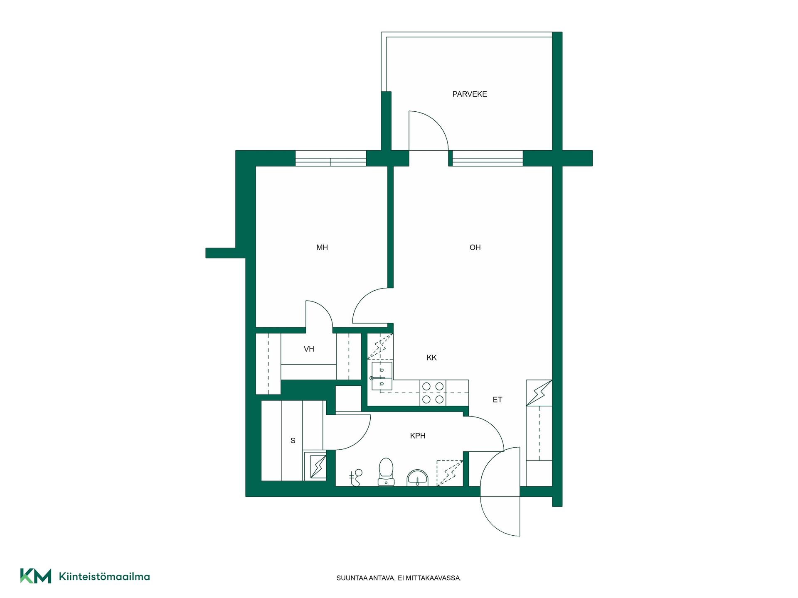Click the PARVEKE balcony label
pos(470,94)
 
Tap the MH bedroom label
pos(322,248)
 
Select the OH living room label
pos(475,248)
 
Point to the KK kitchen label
pos(431,358)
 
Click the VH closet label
pos(309,349)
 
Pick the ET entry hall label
pos(498,400)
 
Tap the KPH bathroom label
pos(418,436)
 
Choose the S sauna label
pos(293,441)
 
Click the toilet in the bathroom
pos(386,472)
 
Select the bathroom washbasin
pos(417,478)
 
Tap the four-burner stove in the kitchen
pos(433,393)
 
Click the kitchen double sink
pos(382,376)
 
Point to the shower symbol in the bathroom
pos(355,478)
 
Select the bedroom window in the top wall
pos(331,158)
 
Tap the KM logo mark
pos(36,576)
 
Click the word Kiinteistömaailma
pos(104,576)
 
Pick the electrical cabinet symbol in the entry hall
pos(539,393)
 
